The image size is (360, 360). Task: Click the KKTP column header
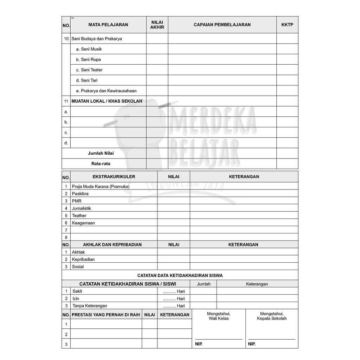pyautogui.click(x=287, y=25)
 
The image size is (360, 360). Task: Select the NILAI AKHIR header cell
pyautogui.click(x=157, y=25)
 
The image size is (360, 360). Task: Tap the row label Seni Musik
pyautogui.click(x=91, y=49)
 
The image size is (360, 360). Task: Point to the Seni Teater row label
pyautogui.click(x=91, y=70)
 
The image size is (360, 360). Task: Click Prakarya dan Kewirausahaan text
pyautogui.click(x=109, y=91)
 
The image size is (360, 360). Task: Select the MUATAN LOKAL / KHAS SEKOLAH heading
pyautogui.click(x=107, y=101)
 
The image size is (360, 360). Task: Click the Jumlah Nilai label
pyautogui.click(x=101, y=153)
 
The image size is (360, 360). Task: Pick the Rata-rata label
pyautogui.click(x=101, y=164)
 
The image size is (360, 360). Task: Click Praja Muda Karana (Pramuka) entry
pyautogui.click(x=101, y=186)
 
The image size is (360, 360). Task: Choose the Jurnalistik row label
pyautogui.click(x=81, y=208)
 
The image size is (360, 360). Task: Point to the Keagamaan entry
pyautogui.click(x=83, y=223)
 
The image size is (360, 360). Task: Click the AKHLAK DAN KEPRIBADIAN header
pyautogui.click(x=112, y=245)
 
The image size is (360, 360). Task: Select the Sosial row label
pyautogui.click(x=78, y=266)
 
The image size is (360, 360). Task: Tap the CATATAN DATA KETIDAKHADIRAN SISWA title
pyautogui.click(x=180, y=276)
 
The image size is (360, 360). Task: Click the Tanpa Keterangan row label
pyautogui.click(x=90, y=306)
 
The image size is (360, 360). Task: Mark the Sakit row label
pyautogui.click(x=77, y=291)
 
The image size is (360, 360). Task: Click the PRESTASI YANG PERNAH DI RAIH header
pyautogui.click(x=106, y=315)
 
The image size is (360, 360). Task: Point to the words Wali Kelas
pyautogui.click(x=219, y=319)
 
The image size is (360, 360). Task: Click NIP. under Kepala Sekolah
pyautogui.click(x=252, y=344)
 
